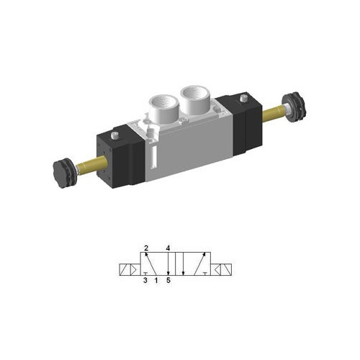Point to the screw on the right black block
coord(243,97)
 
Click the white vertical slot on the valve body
coord(153,158)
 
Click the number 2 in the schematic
coord(145,249)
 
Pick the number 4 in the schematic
coord(168,249)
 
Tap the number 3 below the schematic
coord(145,281)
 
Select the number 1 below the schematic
coord(157,281)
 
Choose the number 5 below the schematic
coord(168,281)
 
